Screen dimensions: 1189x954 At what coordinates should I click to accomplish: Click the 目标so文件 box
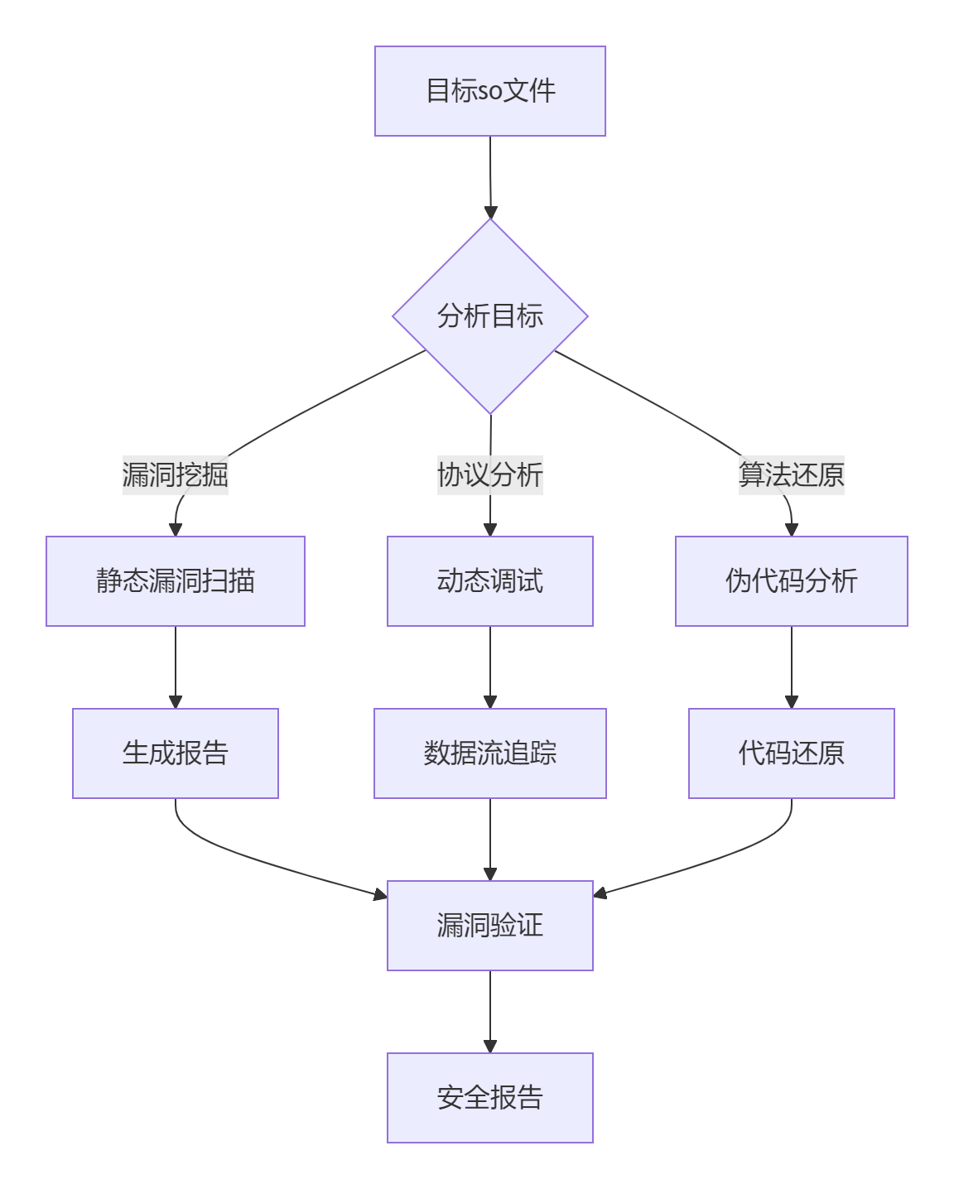pyautogui.click(x=489, y=91)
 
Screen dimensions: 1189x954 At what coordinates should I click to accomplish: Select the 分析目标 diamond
pyautogui.click(x=489, y=316)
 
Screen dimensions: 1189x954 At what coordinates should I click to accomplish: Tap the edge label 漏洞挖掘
pyautogui.click(x=176, y=475)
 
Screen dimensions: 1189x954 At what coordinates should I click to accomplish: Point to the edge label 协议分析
pyautogui.click(x=489, y=475)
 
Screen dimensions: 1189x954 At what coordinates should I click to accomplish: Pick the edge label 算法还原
pyautogui.click(x=791, y=475)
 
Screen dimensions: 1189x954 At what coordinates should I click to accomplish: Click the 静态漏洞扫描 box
pyautogui.click(x=176, y=581)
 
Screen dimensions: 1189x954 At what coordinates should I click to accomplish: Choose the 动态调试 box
pyautogui.click(x=489, y=581)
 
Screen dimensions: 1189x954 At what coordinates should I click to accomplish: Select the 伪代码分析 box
pyautogui.click(x=791, y=581)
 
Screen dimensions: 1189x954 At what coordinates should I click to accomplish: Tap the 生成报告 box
pyautogui.click(x=176, y=753)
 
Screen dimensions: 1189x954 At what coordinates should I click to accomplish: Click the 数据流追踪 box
pyautogui.click(x=489, y=753)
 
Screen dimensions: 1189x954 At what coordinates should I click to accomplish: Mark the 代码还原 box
pyautogui.click(x=791, y=753)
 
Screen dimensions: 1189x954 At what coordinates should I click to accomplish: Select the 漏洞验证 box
pyautogui.click(x=489, y=926)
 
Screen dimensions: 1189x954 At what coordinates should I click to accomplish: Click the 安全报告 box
pyautogui.click(x=489, y=1098)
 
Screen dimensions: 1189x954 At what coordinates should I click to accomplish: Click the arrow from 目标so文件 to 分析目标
pyautogui.click(x=490, y=177)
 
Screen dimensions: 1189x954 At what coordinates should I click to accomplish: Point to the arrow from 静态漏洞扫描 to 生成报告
pyautogui.click(x=176, y=667)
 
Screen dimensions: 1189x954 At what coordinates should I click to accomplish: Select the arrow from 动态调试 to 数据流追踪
pyautogui.click(x=490, y=667)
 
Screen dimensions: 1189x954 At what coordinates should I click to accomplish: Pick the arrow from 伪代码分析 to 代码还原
pyautogui.click(x=792, y=667)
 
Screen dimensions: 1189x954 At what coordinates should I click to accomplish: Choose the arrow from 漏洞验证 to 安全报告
pyautogui.click(x=490, y=1011)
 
